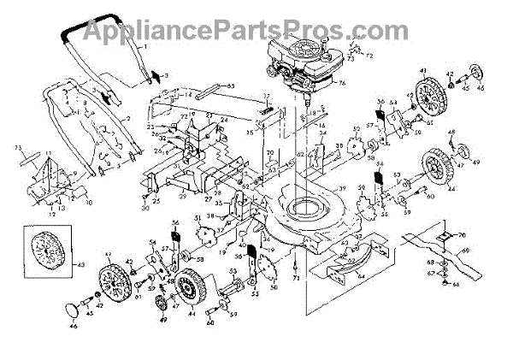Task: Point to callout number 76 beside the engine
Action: point(339,83)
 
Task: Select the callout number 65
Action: point(229,86)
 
